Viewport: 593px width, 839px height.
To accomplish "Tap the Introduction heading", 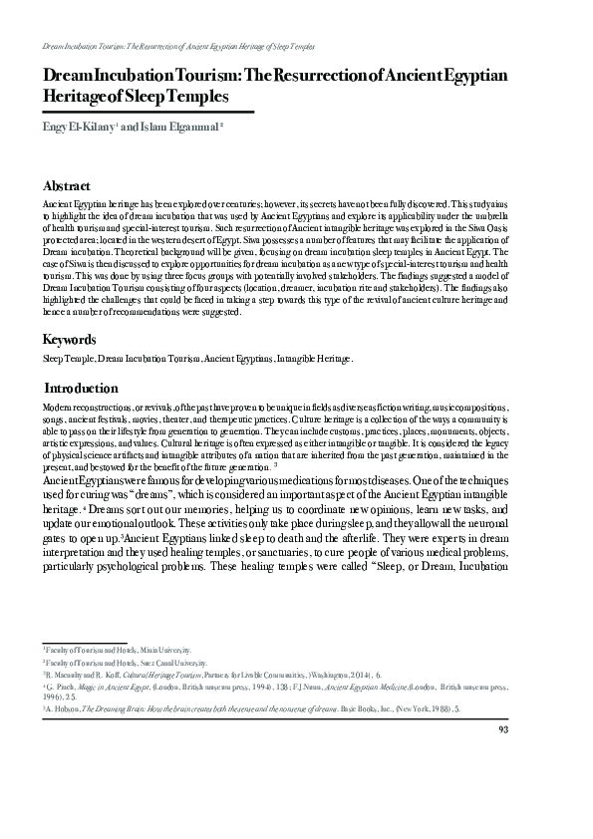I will (82, 388).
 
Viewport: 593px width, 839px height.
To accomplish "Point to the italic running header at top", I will (179, 47).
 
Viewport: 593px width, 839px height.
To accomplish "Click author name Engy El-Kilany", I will (77, 128).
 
